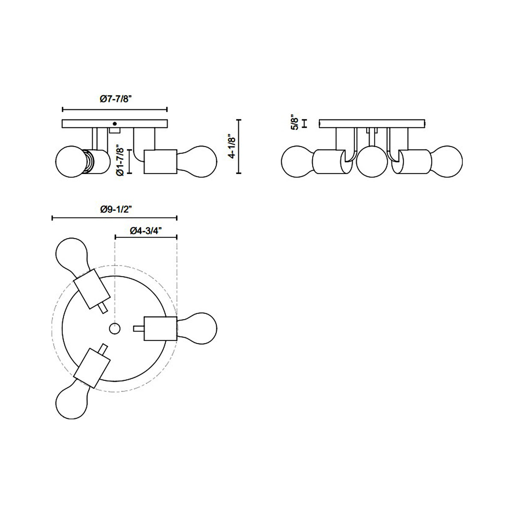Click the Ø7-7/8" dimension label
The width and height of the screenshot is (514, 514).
pos(115,99)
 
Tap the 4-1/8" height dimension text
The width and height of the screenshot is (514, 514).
pos(232,147)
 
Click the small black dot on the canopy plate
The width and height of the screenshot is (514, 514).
pos(114,124)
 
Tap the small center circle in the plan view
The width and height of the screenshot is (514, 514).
pos(114,329)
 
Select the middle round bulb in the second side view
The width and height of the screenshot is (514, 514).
pos(372,162)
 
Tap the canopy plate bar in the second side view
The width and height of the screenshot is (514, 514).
pos(372,123)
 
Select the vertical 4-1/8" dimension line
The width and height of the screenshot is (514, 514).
pos(239,147)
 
